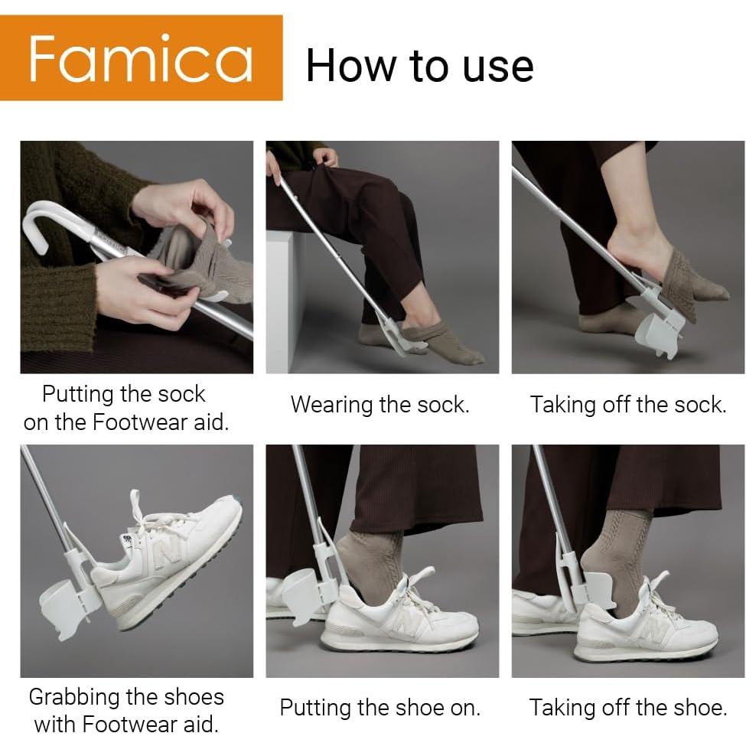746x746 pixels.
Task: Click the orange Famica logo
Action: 141,58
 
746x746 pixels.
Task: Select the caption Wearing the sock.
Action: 380,404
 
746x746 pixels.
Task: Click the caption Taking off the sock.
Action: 627,404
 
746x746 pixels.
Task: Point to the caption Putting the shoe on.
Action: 380,707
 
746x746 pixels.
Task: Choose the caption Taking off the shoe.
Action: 627,707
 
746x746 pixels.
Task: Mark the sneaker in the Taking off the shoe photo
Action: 647,624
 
